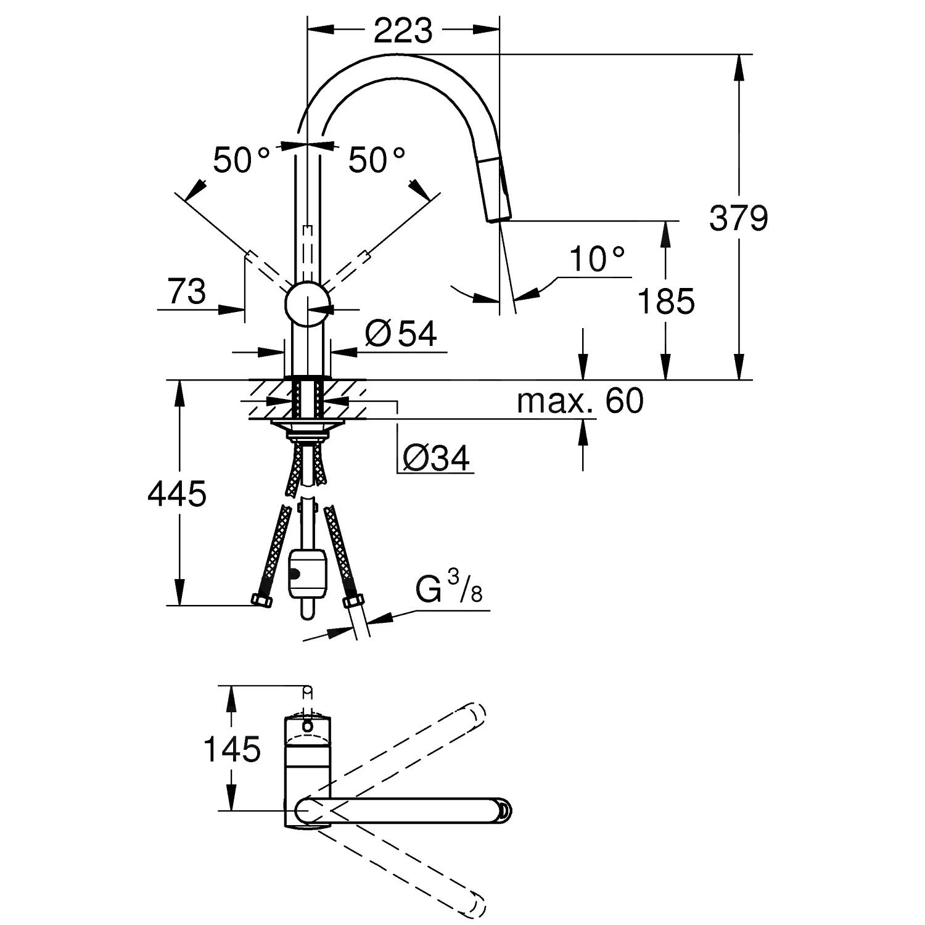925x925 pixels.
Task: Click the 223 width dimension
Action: (x=403, y=30)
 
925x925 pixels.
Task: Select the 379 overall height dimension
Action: (x=738, y=218)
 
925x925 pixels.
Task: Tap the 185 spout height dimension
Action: (x=665, y=302)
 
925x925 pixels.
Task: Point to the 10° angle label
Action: (x=596, y=259)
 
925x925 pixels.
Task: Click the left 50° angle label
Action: (x=241, y=160)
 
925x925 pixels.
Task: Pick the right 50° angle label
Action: (x=377, y=160)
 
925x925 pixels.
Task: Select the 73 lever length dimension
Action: (x=187, y=292)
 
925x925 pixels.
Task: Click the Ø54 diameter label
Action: (x=401, y=334)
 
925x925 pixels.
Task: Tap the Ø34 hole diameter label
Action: (x=436, y=458)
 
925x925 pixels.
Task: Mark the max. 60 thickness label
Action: (x=580, y=401)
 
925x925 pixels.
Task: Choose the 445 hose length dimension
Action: (x=177, y=494)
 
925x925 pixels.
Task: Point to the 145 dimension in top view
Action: (x=232, y=750)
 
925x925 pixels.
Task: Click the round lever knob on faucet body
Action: (x=307, y=303)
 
